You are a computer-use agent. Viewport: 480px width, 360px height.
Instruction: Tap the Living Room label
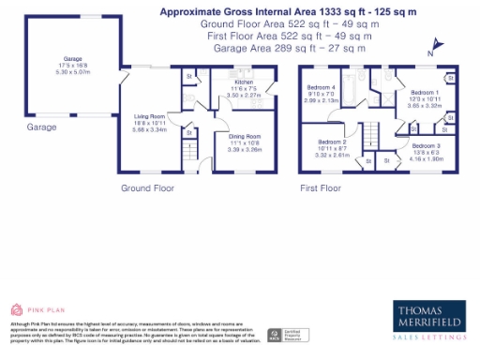pos(150,117)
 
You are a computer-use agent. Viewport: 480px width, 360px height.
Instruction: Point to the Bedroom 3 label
pos(426,146)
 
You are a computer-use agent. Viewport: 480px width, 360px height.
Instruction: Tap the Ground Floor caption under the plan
pos(147,188)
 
